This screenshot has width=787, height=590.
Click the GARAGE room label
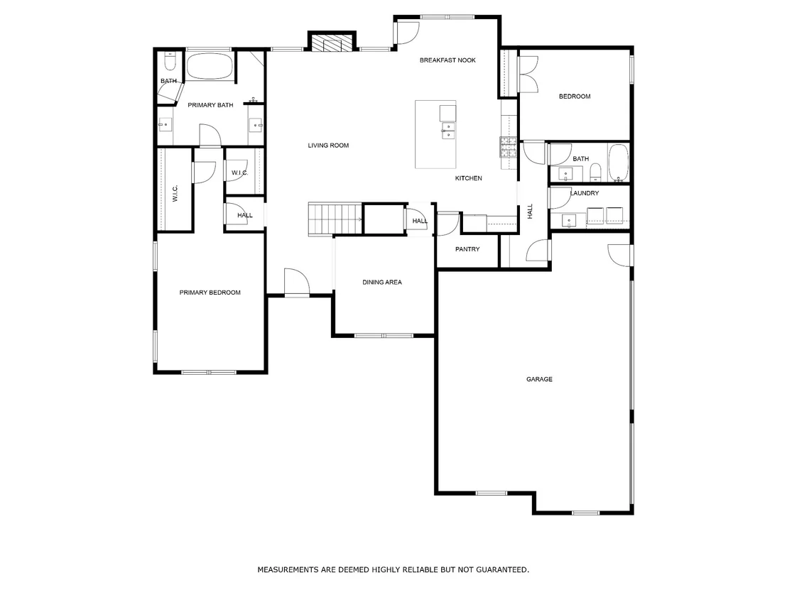[539, 379]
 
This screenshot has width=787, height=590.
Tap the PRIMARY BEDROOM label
[210, 293]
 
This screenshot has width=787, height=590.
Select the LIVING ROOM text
[328, 146]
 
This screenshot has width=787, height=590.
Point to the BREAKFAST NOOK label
[447, 60]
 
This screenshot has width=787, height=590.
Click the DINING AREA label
[382, 283]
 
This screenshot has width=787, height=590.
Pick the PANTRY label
[467, 249]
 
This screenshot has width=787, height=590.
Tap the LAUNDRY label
[585, 193]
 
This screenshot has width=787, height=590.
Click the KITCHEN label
[468, 179]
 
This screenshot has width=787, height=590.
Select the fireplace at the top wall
[332, 42]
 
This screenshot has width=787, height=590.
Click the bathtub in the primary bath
[210, 66]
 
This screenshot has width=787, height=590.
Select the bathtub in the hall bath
[618, 163]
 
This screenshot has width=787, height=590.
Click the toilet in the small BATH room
[170, 62]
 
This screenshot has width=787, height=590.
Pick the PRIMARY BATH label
[210, 105]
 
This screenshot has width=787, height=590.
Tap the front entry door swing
[297, 282]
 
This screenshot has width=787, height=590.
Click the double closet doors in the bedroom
[528, 74]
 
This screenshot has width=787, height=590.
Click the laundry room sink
[569, 220]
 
